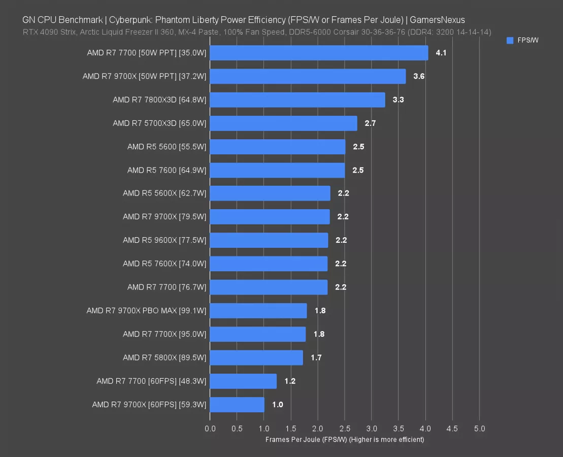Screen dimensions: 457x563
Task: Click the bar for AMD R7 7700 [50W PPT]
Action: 319,53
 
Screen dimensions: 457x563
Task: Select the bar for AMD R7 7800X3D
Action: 297,100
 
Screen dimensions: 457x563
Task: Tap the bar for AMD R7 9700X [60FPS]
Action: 237,405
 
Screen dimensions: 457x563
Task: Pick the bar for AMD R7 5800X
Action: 256,357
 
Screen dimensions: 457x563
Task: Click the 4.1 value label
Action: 441,53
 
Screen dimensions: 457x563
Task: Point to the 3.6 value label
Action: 419,76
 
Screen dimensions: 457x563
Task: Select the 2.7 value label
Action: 370,123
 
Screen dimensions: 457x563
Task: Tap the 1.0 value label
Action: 278,405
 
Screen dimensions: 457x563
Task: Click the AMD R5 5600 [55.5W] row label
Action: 167,147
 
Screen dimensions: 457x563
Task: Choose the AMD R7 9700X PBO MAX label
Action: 146,311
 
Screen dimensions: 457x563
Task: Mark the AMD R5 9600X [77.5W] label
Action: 164,240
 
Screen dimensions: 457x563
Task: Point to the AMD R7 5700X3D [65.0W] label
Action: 159,123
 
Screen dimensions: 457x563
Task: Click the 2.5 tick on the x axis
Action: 345,429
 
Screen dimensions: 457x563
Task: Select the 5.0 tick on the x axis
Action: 479,429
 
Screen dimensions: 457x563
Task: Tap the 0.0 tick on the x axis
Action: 210,429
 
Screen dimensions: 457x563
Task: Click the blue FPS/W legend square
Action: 510,41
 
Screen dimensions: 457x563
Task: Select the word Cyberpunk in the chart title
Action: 134,20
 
